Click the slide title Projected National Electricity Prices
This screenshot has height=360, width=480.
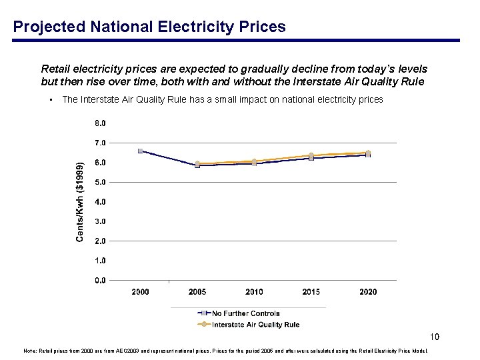pos(149,27)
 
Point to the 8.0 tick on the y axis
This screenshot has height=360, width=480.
pos(99,123)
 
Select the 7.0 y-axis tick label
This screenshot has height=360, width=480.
pos(99,143)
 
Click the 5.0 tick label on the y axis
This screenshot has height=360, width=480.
pos(99,182)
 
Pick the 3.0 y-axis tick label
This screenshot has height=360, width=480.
pos(99,221)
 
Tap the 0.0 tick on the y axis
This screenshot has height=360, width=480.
pos(99,280)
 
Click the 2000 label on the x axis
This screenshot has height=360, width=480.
pos(140,292)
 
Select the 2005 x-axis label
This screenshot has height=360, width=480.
pos(197,292)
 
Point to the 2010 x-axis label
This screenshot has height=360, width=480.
pos(254,292)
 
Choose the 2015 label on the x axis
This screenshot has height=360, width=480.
pos(311,292)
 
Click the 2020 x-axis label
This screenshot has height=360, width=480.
pos(368,292)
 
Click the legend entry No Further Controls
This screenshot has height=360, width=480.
pos(245,313)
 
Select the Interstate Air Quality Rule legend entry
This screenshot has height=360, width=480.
pos(255,325)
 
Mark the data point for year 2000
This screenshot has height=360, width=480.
pos(140,151)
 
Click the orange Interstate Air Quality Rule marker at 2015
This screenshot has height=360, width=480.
pos(311,155)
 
